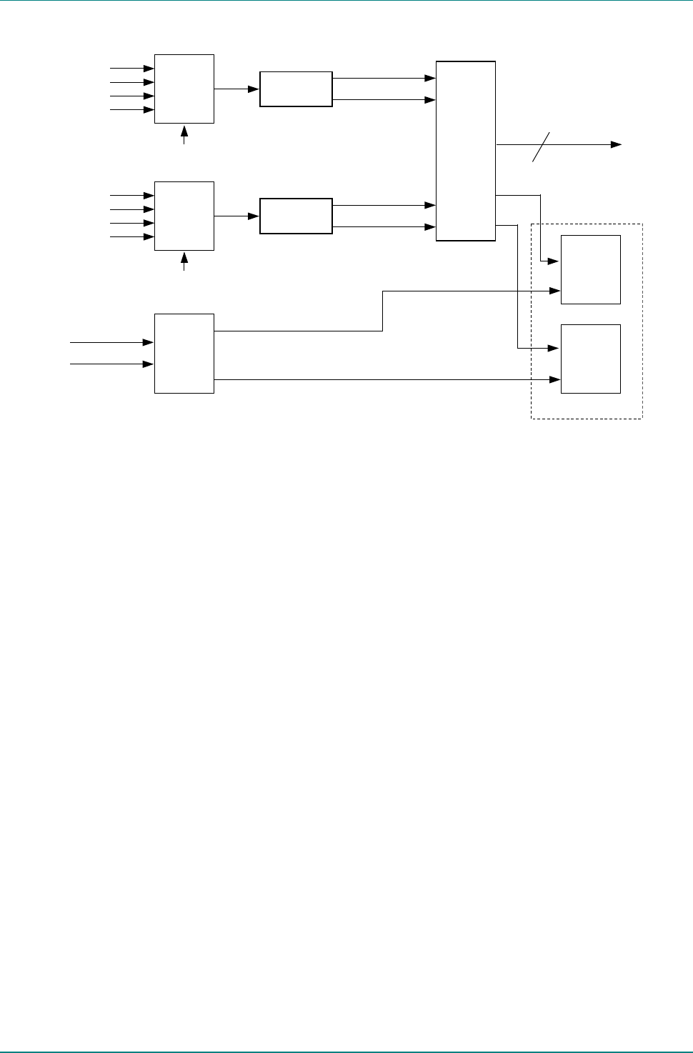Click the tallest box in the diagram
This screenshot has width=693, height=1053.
click(x=465, y=151)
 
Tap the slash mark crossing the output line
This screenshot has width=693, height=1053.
click(x=542, y=146)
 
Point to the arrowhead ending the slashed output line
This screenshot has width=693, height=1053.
click(x=616, y=144)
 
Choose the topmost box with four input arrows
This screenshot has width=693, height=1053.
click(x=184, y=89)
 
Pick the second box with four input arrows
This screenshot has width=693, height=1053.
click(x=184, y=216)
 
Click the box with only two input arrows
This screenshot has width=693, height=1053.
click(x=184, y=353)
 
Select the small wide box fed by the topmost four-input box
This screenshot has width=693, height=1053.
click(x=296, y=89)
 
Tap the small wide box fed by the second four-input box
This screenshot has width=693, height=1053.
click(x=296, y=216)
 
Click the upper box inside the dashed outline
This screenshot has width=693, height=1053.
click(x=590, y=269)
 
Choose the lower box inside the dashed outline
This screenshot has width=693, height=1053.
click(x=590, y=359)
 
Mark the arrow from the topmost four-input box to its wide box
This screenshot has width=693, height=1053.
click(x=236, y=89)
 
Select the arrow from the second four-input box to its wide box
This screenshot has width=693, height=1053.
click(x=236, y=216)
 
